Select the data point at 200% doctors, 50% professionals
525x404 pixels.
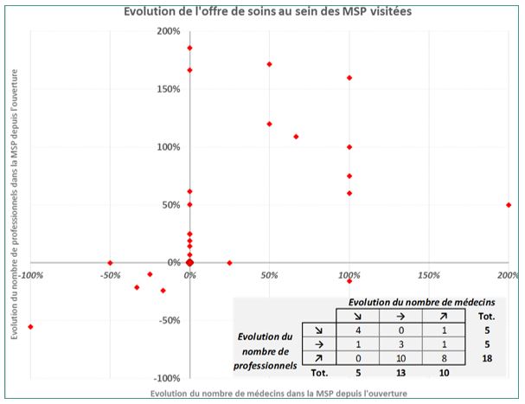click(509, 205)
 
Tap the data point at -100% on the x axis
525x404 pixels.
click(30, 326)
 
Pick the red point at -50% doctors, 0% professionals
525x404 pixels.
click(110, 262)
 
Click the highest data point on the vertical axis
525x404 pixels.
click(189, 48)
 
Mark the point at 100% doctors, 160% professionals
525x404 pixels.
click(349, 78)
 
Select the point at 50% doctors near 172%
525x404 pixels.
click(270, 64)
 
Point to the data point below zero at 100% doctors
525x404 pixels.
click(349, 281)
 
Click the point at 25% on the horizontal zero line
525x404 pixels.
click(229, 262)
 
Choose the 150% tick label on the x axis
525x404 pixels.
click(428, 275)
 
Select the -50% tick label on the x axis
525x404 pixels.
click(110, 275)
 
